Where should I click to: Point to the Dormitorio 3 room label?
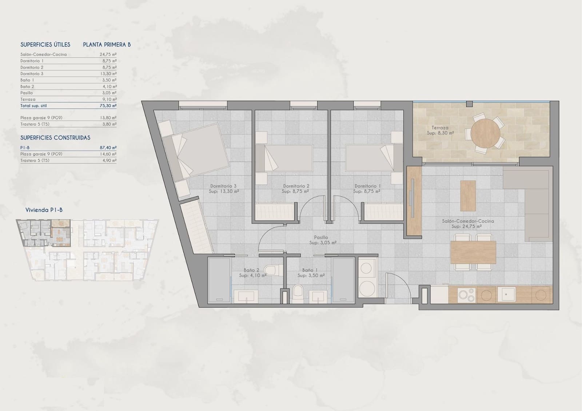[223, 186]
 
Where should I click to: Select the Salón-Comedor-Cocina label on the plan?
[468, 221]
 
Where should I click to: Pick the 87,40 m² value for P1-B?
[108, 148]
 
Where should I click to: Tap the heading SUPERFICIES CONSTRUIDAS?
[55, 138]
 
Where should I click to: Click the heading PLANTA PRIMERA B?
[107, 45]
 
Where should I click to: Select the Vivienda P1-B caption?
[44, 210]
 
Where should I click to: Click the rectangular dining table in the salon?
[473, 252]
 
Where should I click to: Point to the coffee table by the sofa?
[468, 196]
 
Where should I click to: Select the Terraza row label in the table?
[28, 99]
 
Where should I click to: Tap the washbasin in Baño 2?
[246, 296]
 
